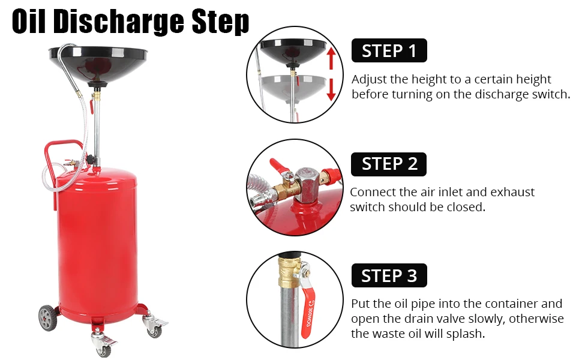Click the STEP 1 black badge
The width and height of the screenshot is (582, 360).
[x=389, y=50]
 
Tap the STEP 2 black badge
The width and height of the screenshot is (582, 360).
[x=389, y=164]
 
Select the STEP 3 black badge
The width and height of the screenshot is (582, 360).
[x=389, y=275]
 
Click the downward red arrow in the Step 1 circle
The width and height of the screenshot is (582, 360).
[x=331, y=90]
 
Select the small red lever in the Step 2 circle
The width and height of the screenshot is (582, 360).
[x=278, y=166]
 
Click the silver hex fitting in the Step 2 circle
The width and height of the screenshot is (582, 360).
[x=307, y=184]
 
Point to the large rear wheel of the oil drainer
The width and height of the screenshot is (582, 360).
[x=48, y=317]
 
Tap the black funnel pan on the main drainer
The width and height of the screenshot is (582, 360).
[x=98, y=64]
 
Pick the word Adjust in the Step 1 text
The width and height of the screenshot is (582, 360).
[x=369, y=80]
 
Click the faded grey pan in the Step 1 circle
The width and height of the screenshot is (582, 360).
[x=293, y=86]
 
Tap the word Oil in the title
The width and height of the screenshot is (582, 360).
[x=29, y=22]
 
